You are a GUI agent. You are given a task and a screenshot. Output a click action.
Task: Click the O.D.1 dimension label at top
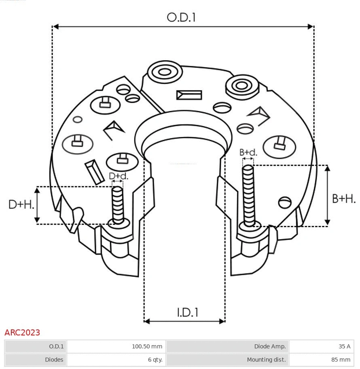(181, 17)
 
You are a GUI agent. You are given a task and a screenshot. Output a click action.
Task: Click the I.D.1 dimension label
(187, 312)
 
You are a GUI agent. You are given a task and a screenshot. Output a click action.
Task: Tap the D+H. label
(21, 205)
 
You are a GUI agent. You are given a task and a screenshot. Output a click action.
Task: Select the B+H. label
(344, 198)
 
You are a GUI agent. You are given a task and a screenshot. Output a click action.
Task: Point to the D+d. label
(119, 176)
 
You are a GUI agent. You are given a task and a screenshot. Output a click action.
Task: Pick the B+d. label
(248, 152)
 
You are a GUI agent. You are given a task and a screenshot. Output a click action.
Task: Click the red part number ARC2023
(22, 332)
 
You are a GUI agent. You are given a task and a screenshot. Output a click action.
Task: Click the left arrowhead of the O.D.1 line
(56, 27)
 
